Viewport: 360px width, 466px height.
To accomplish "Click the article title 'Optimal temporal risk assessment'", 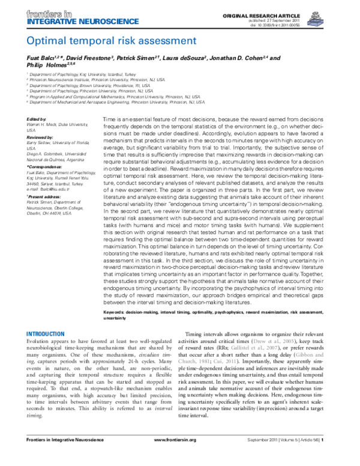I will point(100,41).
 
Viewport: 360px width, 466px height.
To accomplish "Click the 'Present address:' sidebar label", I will point(44,196).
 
